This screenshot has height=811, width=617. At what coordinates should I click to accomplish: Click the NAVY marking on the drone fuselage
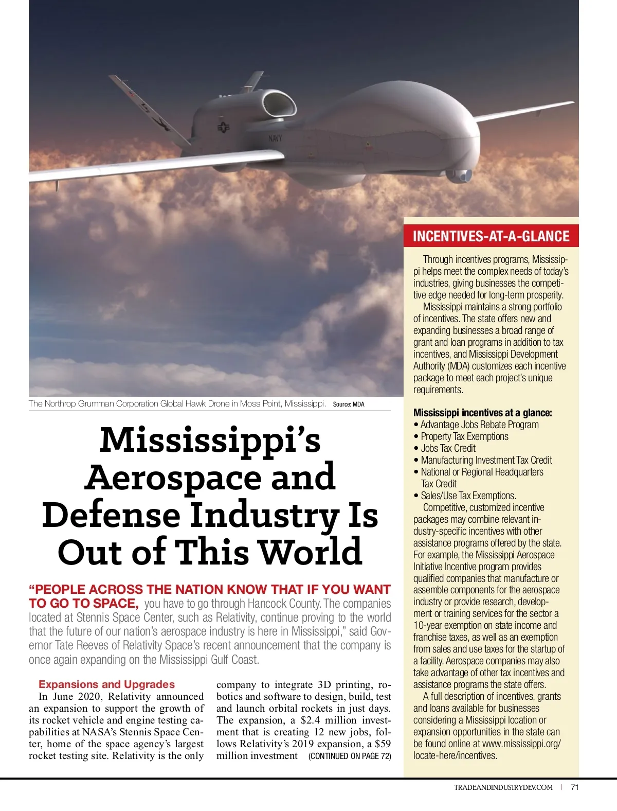275,138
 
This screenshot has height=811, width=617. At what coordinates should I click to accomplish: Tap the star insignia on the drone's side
224,127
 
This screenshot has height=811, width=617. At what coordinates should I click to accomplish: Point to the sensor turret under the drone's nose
459,176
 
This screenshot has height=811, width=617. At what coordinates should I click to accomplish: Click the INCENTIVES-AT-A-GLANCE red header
491,236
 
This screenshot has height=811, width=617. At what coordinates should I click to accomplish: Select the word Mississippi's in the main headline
210,440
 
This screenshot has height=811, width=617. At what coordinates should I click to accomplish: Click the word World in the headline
310,552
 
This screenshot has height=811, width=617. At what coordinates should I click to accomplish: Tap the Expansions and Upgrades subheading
106,684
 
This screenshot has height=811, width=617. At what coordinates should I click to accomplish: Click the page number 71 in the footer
575,787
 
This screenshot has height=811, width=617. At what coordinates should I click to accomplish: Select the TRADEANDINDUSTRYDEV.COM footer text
503,787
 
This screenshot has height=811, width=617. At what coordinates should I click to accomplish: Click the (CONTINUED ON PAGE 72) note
350,756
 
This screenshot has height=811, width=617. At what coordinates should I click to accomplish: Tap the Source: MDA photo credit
349,404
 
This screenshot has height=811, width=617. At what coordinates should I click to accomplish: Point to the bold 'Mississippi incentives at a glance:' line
482,413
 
